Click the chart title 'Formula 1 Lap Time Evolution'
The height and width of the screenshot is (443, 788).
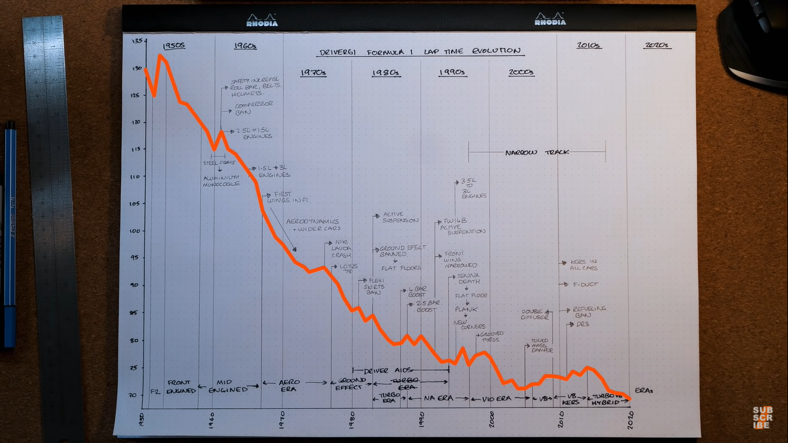(x=421, y=51)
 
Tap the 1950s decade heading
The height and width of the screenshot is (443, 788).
(x=174, y=46)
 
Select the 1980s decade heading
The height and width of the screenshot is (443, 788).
(x=386, y=73)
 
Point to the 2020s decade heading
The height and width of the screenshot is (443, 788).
(x=657, y=46)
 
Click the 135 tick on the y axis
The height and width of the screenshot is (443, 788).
(x=137, y=41)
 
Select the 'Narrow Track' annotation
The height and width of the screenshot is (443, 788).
(x=536, y=152)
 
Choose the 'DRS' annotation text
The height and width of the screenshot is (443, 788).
(x=583, y=324)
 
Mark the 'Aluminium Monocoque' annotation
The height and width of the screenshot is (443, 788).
(x=220, y=181)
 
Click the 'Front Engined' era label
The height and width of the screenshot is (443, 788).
(x=182, y=386)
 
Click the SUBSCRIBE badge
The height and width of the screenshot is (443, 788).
(x=762, y=418)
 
